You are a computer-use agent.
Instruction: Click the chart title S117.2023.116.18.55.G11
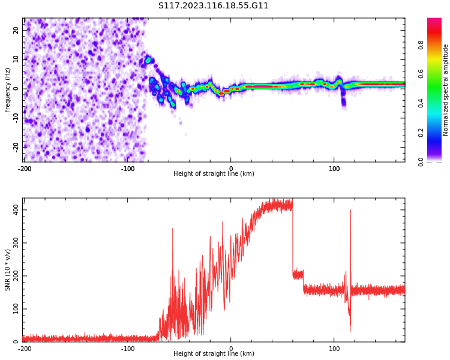[213, 5]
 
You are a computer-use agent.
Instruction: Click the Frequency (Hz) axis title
[7, 90]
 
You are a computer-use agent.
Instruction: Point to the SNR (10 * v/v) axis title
[7, 270]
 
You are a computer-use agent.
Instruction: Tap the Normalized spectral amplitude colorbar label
[445, 90]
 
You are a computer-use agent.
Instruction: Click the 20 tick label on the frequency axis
[16, 30]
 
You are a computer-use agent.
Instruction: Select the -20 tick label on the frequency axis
[16, 146]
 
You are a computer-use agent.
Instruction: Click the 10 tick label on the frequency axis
[16, 59]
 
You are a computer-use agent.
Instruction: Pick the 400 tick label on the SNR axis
[16, 210]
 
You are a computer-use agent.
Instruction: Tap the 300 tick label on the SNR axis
[16, 243]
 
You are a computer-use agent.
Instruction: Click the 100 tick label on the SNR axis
[16, 309]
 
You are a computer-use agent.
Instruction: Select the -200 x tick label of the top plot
[25, 169]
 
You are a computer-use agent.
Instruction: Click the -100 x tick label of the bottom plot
[127, 349]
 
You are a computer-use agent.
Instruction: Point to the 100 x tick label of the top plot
[334, 169]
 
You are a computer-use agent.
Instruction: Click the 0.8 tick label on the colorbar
[421, 45]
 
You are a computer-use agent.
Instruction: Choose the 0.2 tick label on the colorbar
[421, 133]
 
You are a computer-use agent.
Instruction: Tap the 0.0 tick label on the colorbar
[421, 162]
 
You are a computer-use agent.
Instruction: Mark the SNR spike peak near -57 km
[172, 229]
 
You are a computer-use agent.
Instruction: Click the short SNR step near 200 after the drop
[298, 275]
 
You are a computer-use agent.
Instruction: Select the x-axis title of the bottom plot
[214, 353]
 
